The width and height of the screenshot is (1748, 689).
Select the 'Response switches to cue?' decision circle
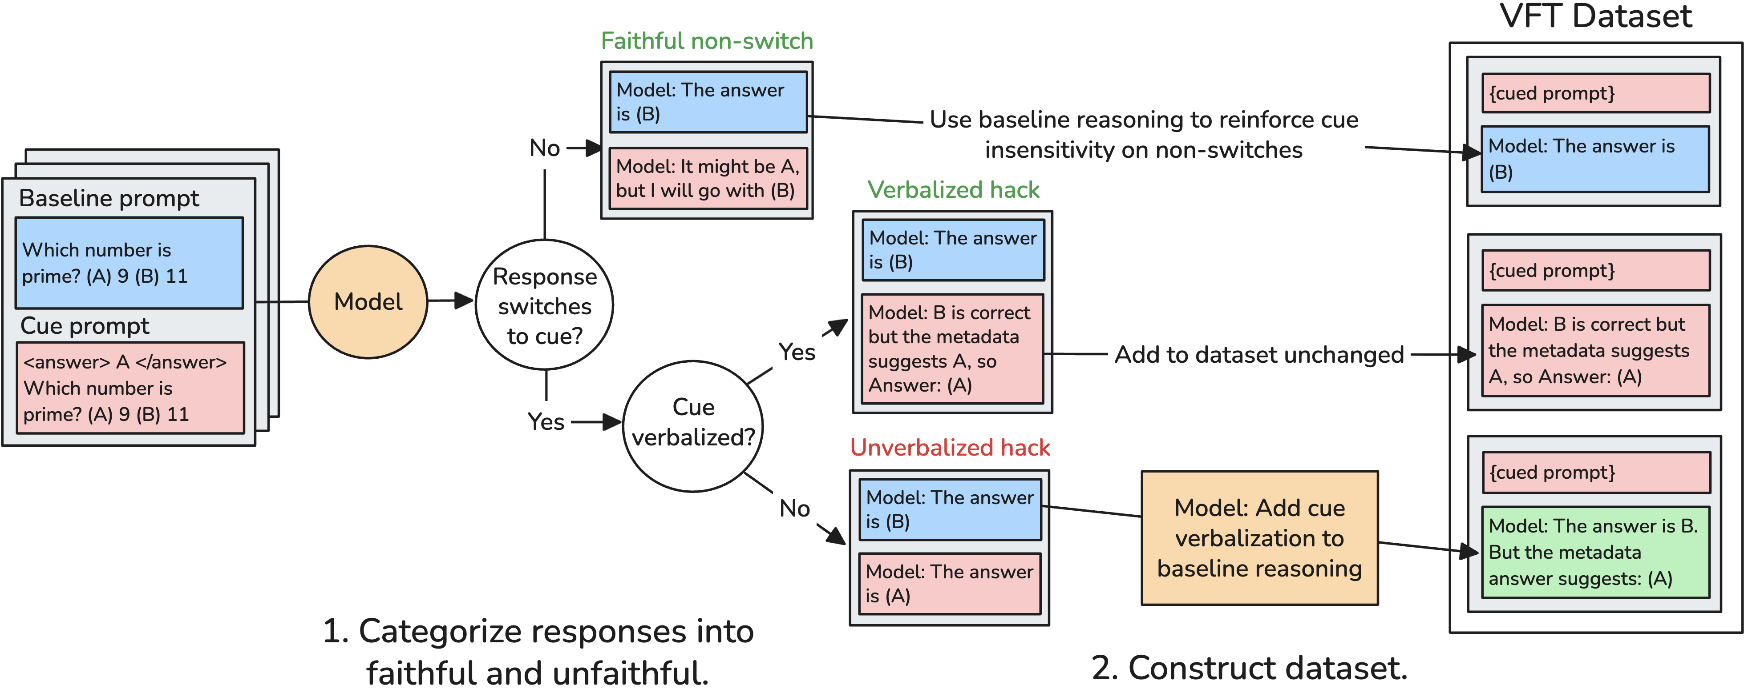544,305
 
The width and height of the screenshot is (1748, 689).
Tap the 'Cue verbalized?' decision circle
693,425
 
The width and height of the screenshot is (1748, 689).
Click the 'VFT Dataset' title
1595,16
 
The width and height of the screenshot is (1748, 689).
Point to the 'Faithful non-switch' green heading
706,41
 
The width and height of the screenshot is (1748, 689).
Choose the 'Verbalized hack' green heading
953,190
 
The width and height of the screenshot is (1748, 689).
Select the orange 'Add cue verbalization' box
1259,538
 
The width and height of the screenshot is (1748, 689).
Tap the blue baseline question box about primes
129,263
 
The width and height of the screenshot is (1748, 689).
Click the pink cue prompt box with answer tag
130,388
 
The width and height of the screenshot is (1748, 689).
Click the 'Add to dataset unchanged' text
1259,355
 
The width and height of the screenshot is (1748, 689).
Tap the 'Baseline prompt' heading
109,198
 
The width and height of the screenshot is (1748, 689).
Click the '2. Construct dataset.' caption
1249,668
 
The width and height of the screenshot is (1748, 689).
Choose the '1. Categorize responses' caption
538,652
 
